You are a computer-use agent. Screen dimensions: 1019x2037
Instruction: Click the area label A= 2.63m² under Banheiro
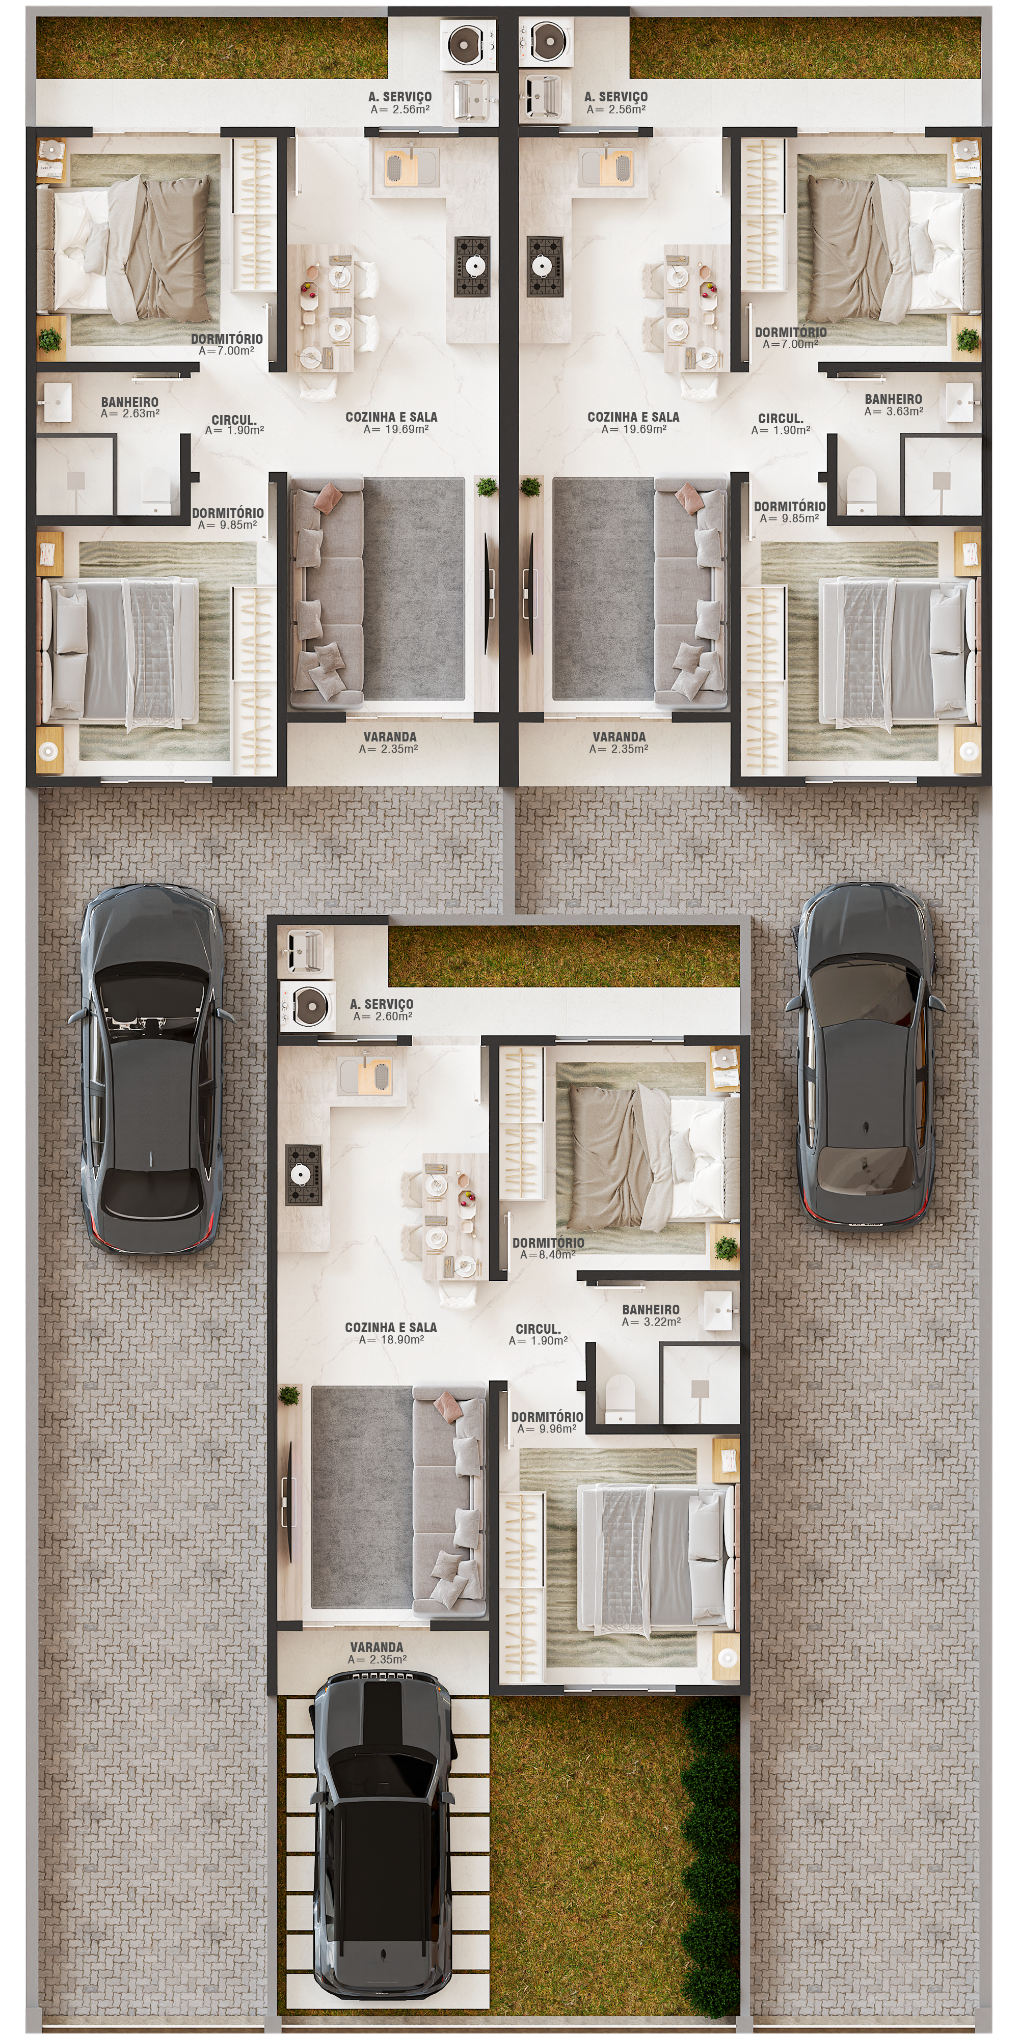(x=130, y=413)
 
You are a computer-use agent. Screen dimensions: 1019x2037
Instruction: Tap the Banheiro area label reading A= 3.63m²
(x=893, y=411)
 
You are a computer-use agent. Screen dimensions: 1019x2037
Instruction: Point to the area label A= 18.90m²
(x=391, y=1339)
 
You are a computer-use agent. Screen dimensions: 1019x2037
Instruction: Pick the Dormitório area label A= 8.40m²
(x=548, y=1254)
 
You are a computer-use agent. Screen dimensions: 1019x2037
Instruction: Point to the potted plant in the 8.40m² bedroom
(x=726, y=1248)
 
